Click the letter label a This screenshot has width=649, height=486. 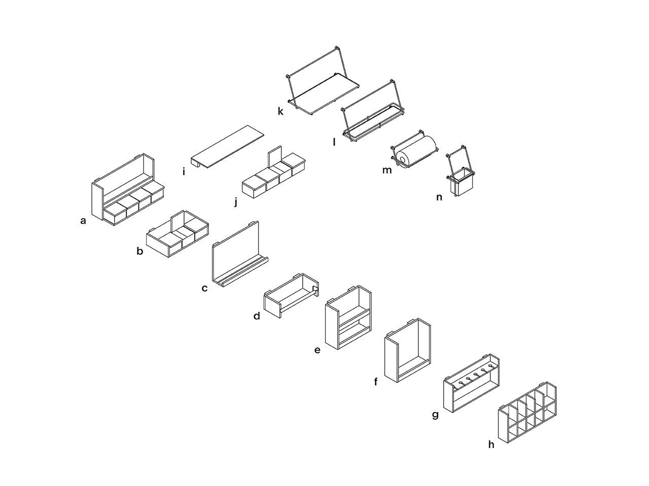[x=83, y=220]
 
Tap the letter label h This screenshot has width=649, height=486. [x=491, y=444]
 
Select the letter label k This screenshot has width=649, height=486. [x=280, y=111]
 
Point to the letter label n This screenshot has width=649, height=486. [x=439, y=197]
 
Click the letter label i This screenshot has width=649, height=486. [x=184, y=172]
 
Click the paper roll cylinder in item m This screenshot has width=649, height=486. [x=418, y=150]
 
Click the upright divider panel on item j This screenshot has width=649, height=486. [x=274, y=156]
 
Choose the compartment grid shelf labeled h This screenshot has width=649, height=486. [x=527, y=415]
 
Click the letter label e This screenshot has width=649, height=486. [x=317, y=349]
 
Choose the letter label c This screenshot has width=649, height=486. [x=204, y=289]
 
